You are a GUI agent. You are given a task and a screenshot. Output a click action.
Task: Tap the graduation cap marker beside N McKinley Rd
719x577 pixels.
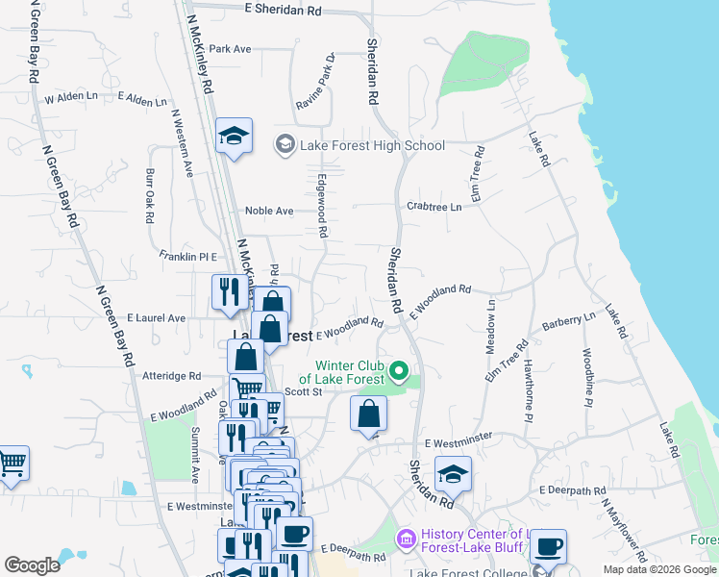click(233, 138)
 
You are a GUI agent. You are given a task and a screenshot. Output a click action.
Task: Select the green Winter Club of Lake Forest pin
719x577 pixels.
click(403, 370)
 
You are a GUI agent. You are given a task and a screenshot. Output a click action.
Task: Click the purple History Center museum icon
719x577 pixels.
click(406, 535)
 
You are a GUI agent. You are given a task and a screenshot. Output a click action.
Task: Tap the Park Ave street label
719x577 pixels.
click(230, 49)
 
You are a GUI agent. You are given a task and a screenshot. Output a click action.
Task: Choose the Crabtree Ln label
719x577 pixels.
click(434, 207)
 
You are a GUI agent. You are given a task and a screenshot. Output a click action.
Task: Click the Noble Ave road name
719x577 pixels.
click(269, 211)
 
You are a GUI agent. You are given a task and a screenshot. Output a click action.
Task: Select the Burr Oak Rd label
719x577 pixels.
click(150, 197)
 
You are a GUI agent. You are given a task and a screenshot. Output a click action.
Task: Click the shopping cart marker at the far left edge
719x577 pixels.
click(11, 465)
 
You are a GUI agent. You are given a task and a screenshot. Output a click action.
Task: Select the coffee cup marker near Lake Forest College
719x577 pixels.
click(548, 547)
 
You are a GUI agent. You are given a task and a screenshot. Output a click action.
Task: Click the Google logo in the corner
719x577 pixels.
click(32, 565)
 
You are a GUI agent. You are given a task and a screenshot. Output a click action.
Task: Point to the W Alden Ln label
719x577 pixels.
click(71, 98)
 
